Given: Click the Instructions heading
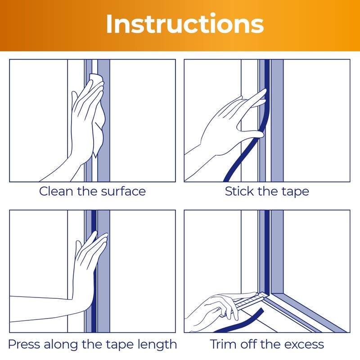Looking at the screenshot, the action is pyautogui.click(x=185, y=24).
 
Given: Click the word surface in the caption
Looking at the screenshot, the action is pyautogui.click(x=123, y=191).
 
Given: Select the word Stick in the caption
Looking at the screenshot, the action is pyautogui.click(x=239, y=191).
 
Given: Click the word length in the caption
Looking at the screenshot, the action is pyautogui.click(x=157, y=345).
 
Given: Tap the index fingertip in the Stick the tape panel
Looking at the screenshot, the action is pyautogui.click(x=265, y=91).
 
